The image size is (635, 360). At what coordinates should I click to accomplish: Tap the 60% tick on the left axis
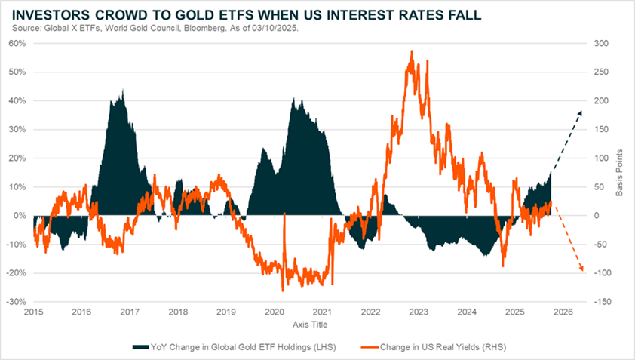(x=18, y=44)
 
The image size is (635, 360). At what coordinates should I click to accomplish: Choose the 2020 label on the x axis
(x=274, y=312)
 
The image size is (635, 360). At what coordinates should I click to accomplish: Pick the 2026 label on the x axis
(x=563, y=312)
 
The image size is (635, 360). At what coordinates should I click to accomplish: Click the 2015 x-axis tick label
(x=33, y=312)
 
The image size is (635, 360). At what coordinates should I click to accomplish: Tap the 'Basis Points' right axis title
(x=619, y=173)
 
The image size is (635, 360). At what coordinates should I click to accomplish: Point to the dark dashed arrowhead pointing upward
(x=580, y=112)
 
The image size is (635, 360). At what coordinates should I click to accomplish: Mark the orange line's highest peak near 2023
(x=411, y=51)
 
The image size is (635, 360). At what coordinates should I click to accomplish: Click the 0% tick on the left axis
(x=20, y=216)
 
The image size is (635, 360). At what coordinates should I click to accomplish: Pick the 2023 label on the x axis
(x=419, y=312)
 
